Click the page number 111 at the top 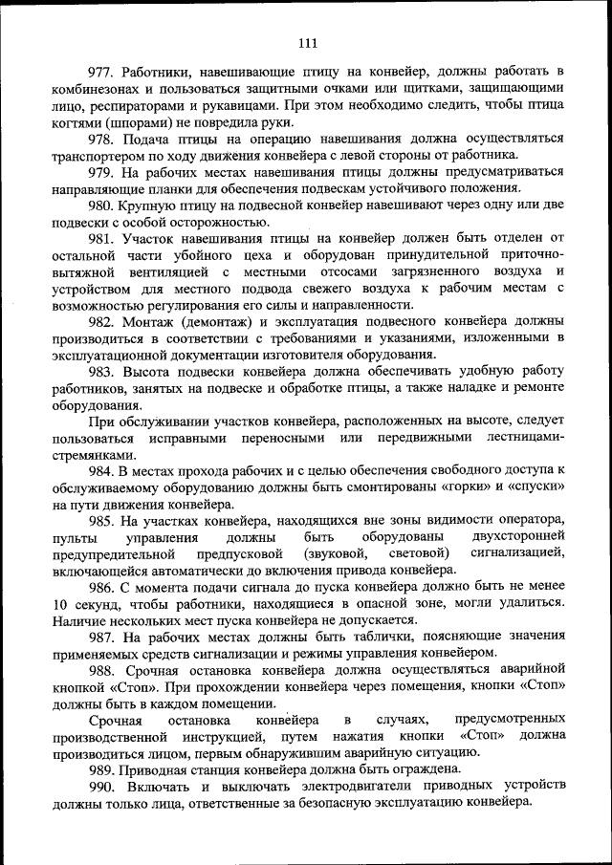(x=307, y=41)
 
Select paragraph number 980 (x=102, y=205)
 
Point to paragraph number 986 (x=102, y=586)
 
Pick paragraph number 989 (x=102, y=768)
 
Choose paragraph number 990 (x=102, y=785)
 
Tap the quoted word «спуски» (x=530, y=487)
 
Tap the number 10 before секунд (x=60, y=603)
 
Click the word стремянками (x=95, y=454)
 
